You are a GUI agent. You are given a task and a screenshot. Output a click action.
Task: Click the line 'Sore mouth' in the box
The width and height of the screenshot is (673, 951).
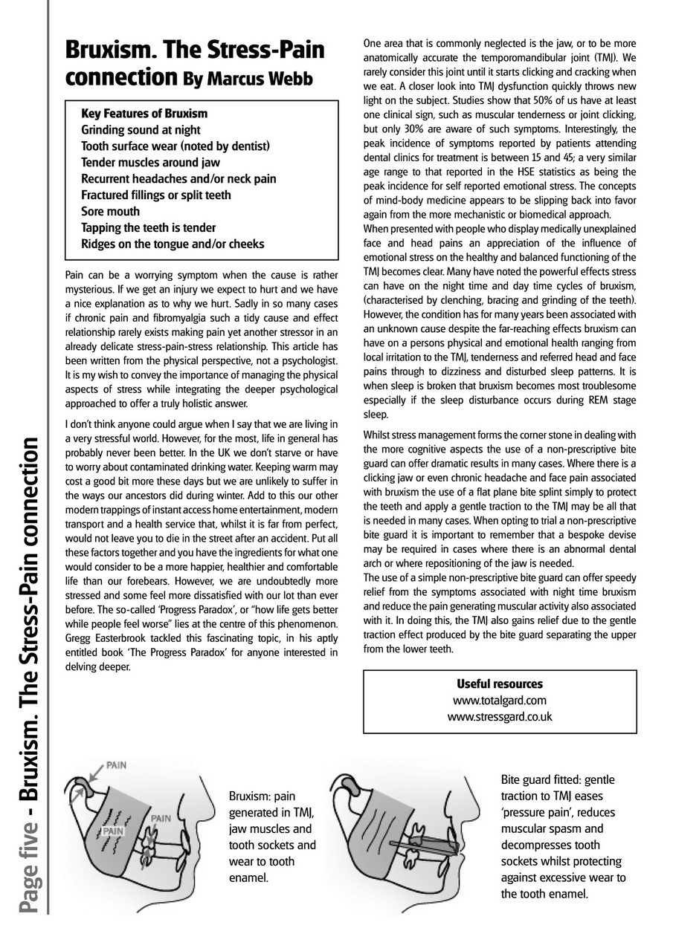tap(110, 212)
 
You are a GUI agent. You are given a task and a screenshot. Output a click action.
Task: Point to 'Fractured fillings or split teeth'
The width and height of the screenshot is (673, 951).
tap(155, 195)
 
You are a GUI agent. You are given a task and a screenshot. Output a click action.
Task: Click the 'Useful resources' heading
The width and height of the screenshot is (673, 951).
tap(499, 684)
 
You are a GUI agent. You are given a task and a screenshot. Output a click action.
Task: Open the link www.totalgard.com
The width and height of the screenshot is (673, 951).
tap(499, 701)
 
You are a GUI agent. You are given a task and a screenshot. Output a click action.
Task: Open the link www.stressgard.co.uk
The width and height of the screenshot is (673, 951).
tap(499, 717)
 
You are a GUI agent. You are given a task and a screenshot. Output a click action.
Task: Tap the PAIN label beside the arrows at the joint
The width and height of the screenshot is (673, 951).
tap(115, 765)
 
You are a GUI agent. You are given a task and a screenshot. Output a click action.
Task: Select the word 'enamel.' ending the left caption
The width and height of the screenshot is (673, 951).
tap(248, 877)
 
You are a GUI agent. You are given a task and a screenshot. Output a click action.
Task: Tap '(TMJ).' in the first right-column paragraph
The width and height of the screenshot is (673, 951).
tap(608, 56)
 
